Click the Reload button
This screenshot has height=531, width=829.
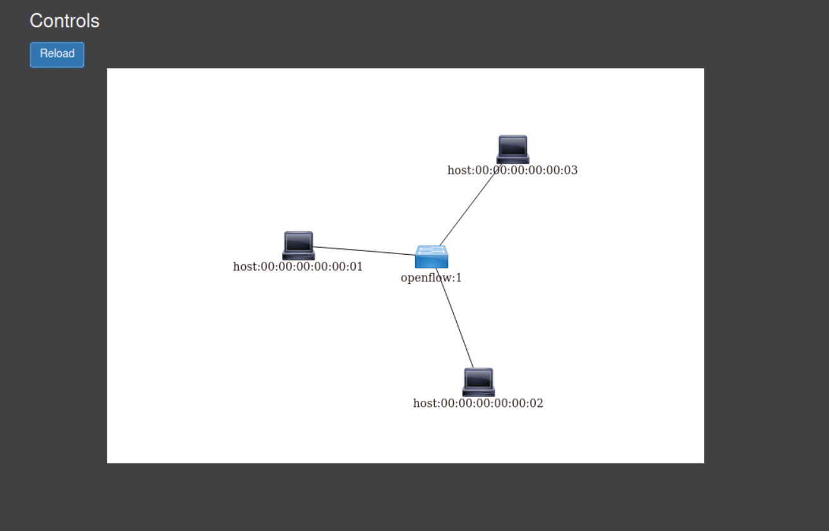[x=57, y=54]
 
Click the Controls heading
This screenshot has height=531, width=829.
[x=64, y=21]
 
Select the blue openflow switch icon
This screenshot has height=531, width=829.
[x=432, y=257]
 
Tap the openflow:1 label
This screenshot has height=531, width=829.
[x=431, y=278]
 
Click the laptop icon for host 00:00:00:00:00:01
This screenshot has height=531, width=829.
[x=298, y=245]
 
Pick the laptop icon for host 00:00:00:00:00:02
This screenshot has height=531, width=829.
[x=478, y=382]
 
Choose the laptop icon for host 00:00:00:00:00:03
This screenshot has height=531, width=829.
[x=512, y=149]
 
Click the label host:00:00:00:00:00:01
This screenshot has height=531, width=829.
[x=298, y=267]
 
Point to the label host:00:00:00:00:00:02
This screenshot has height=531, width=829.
[x=478, y=403]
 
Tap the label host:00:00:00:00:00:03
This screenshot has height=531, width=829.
[x=512, y=170]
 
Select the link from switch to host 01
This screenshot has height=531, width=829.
[x=363, y=251]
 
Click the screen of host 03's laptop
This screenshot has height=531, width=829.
[x=512, y=145]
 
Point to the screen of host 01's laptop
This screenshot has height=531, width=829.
[x=298, y=241]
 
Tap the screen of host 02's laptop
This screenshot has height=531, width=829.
[x=478, y=378]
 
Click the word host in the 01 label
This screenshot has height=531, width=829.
[x=245, y=267]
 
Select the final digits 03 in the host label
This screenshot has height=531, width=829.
[x=571, y=170]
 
